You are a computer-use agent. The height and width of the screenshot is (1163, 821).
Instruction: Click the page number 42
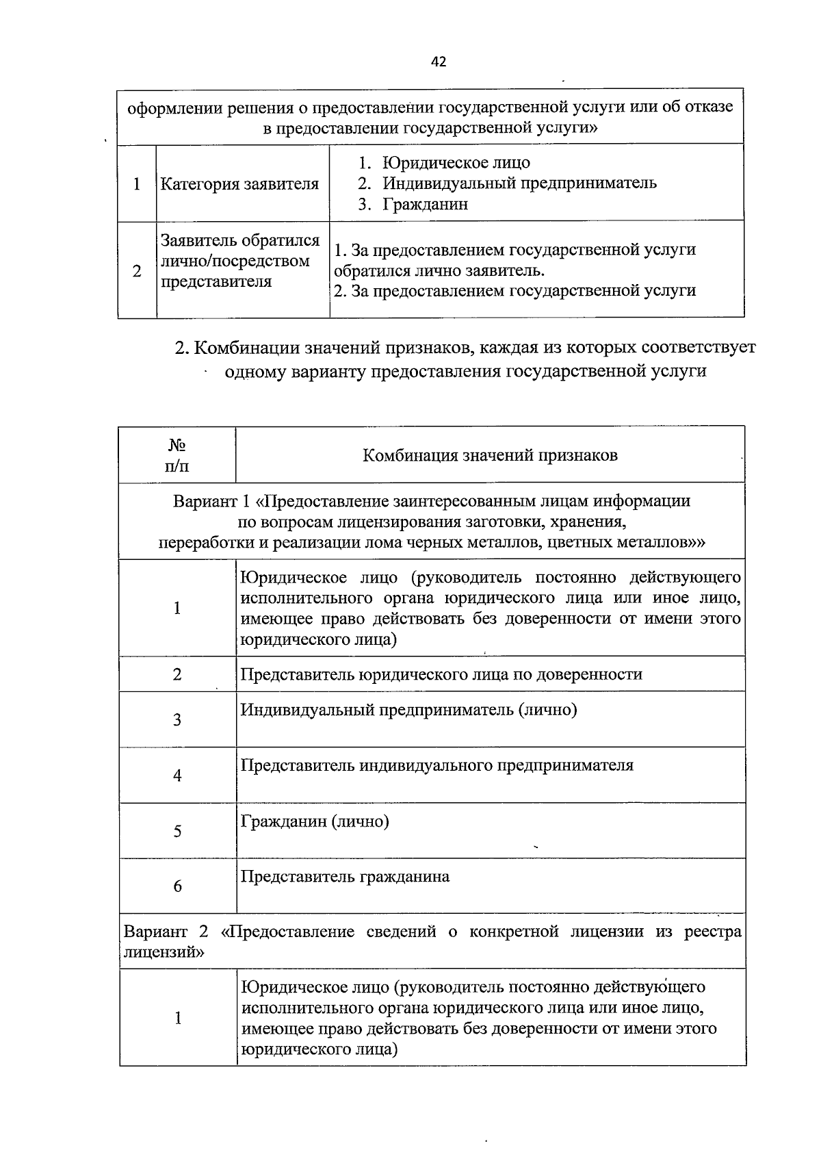pyautogui.click(x=439, y=62)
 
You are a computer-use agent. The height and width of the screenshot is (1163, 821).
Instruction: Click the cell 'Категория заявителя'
pyautogui.click(x=239, y=184)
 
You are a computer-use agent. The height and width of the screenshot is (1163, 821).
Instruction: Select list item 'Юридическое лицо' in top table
pyautogui.click(x=456, y=163)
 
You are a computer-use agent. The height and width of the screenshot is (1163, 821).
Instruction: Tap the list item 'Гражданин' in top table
pyautogui.click(x=425, y=204)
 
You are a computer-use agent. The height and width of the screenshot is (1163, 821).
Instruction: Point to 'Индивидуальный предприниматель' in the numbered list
pyautogui.click(x=519, y=183)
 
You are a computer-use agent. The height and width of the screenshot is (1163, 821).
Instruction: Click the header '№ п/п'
pyautogui.click(x=177, y=456)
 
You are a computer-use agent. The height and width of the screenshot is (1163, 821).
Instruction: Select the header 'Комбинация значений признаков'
pyautogui.click(x=490, y=456)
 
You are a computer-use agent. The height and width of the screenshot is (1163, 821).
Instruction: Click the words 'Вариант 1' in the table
pyautogui.click(x=211, y=501)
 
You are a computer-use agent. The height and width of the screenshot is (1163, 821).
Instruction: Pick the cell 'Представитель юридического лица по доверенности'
pyautogui.click(x=441, y=674)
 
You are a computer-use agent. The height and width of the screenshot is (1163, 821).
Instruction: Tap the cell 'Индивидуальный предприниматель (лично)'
pyautogui.click(x=408, y=710)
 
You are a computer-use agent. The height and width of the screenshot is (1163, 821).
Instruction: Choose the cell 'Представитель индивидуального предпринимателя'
pyautogui.click(x=436, y=765)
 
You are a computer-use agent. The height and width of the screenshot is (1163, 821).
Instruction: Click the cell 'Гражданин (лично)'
pyautogui.click(x=315, y=821)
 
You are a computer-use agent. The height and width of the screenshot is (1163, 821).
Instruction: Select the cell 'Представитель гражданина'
pyautogui.click(x=345, y=877)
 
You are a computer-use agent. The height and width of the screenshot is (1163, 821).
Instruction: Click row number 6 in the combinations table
pyautogui.click(x=177, y=886)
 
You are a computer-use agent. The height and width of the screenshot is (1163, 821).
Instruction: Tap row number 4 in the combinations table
pyautogui.click(x=177, y=776)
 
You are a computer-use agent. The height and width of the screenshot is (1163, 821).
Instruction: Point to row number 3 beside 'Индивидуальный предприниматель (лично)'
pyautogui.click(x=177, y=719)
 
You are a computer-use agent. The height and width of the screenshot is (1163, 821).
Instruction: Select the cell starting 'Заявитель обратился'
pyautogui.click(x=239, y=261)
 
